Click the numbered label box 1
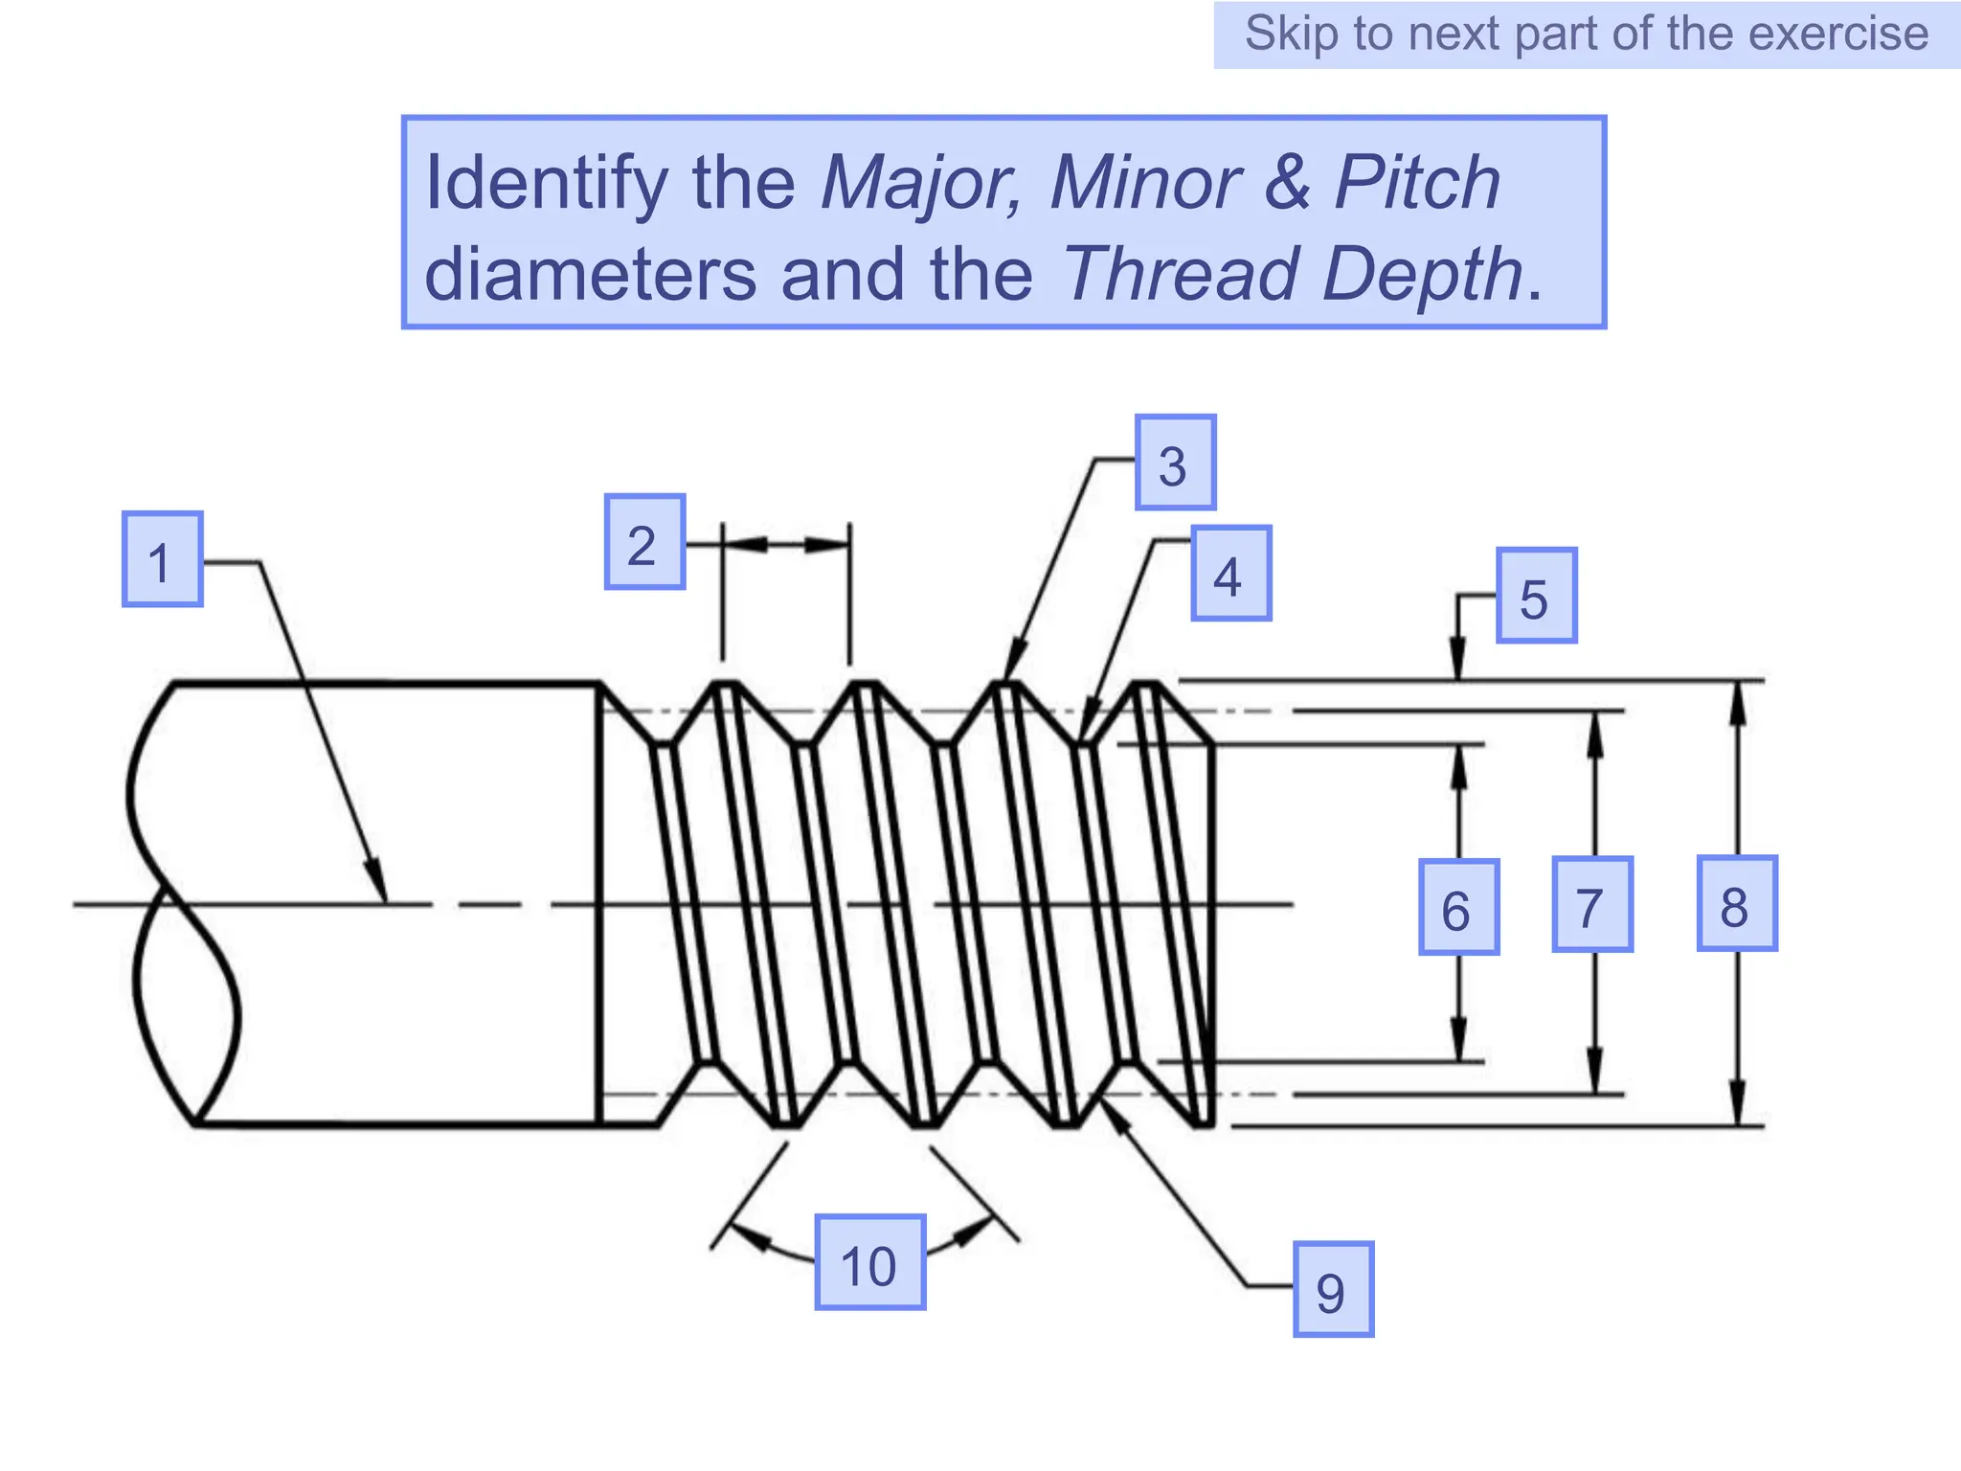(162, 559)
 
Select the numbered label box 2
(644, 542)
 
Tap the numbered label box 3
(1175, 463)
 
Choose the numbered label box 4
(1230, 574)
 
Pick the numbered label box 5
(1536, 596)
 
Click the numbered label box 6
(1458, 907)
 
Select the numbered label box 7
(1591, 904)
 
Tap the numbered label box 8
(1737, 903)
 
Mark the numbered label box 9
(1333, 1289)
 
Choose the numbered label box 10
(869, 1262)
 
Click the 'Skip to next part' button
(1586, 34)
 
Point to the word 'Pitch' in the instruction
(1417, 182)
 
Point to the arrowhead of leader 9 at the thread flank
(1114, 1114)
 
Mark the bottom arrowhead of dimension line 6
(1458, 1042)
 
